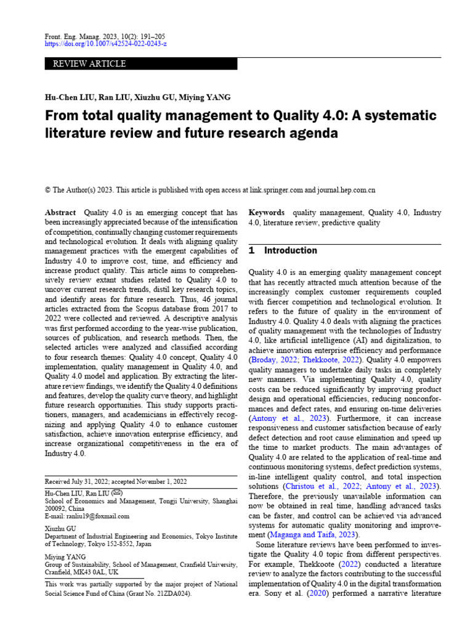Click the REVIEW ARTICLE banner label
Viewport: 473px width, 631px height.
[x=90, y=64]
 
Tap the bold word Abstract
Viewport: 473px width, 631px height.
[x=60, y=212]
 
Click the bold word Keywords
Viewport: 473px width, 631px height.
[x=266, y=212]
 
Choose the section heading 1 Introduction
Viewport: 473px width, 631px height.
[x=283, y=251]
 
